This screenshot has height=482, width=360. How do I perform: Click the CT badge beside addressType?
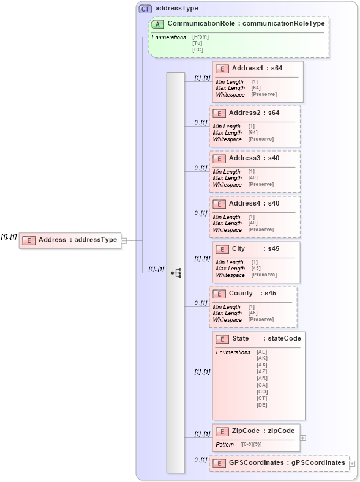point(145,9)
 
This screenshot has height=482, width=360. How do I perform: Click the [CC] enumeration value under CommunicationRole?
point(198,50)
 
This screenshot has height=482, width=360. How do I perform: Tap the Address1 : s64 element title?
point(255,68)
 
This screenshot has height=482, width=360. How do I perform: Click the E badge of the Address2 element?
point(219,114)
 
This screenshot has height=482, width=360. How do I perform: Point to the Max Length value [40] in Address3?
point(252,178)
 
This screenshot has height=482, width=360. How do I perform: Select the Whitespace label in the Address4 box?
point(227,229)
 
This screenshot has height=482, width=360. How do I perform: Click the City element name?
point(238,249)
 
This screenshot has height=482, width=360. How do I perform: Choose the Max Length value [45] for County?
point(253,313)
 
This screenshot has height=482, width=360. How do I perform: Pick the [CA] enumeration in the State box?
point(262,385)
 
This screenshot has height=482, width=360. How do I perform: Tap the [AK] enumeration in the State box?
point(262,358)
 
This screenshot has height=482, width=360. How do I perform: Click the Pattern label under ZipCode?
point(225,444)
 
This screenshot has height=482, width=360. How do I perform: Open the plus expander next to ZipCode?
point(303,438)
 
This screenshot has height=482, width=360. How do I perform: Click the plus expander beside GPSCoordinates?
point(352,464)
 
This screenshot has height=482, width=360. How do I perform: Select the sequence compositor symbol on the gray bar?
point(176,273)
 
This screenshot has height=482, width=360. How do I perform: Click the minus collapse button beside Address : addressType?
point(124,240)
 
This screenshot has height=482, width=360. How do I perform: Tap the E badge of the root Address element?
point(28,240)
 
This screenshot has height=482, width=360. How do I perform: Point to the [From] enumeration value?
point(200,37)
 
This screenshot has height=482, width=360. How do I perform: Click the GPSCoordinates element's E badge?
point(219,464)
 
